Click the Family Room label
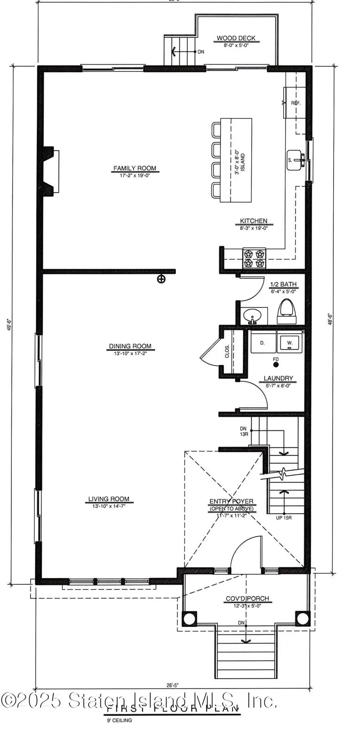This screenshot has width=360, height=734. pyautogui.click(x=135, y=168)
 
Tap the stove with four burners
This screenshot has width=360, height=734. pyautogui.click(x=254, y=258)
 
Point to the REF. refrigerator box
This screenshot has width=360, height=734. pyautogui.click(x=296, y=103)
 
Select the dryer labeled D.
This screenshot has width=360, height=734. pyautogui.click(x=263, y=343)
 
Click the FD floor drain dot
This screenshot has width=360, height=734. pyautogui.click(x=276, y=364)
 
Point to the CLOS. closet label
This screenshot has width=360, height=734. pyautogui.click(x=227, y=351)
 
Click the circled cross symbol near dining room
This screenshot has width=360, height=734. pyautogui.click(x=161, y=279)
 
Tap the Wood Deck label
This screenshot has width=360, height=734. pyautogui.click(x=236, y=38)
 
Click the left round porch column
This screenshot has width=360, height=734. pyautogui.click(x=189, y=618)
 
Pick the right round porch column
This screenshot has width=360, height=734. pyautogui.click(x=302, y=618)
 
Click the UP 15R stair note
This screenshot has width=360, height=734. pyautogui.click(x=284, y=518)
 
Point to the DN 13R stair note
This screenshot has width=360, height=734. pyautogui.click(x=243, y=431)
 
